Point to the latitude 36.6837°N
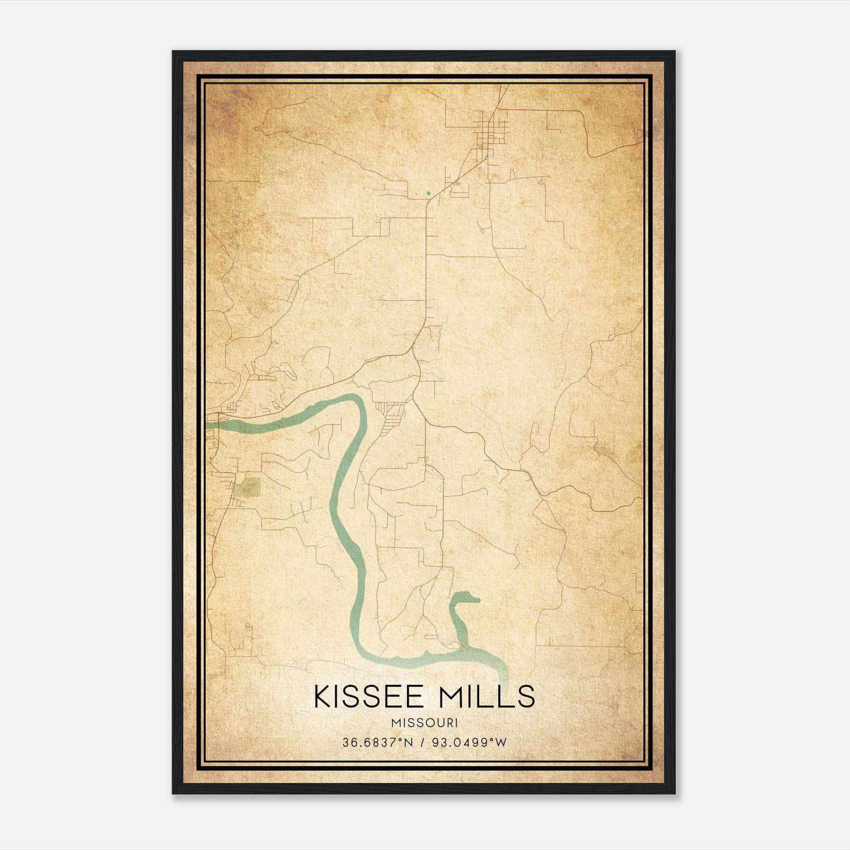coord(377,742)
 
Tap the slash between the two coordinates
coord(423,742)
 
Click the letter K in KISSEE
coord(322,696)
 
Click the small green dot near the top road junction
coord(428,193)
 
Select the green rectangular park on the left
coord(249,487)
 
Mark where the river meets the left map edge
coord(208,424)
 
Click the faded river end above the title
coord(503,677)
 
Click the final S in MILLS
coord(526,696)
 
